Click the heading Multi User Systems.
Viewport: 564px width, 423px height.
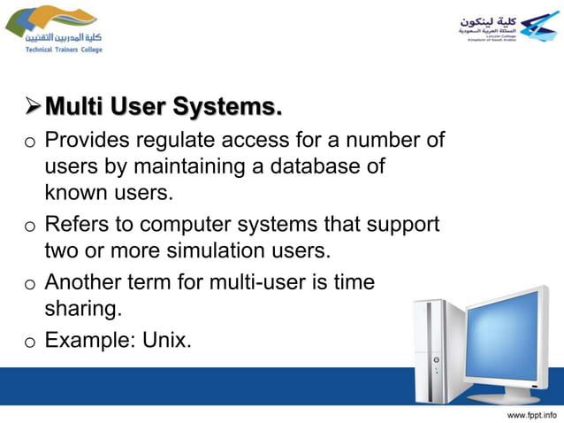[164, 108]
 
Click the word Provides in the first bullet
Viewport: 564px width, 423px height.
[82, 141]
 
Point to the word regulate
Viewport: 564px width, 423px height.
[165, 141]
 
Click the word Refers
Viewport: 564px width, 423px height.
[74, 225]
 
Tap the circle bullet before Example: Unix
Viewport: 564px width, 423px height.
[29, 340]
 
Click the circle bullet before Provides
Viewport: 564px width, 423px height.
[29, 142]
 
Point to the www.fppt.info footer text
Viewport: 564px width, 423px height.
[530, 413]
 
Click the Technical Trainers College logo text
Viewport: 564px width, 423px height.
[58, 50]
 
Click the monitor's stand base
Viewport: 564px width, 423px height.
[513, 395]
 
